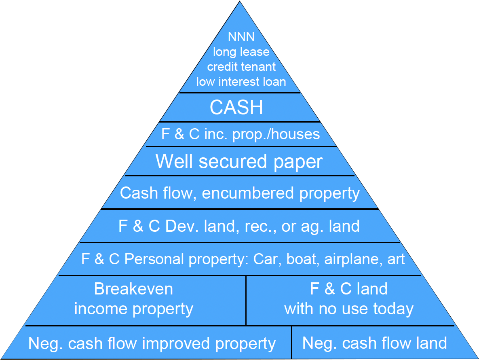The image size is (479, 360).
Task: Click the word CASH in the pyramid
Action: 236,108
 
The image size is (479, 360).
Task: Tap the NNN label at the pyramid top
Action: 241,37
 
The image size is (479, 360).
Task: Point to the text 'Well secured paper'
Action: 239,162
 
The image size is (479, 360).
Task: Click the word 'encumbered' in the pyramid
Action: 248,193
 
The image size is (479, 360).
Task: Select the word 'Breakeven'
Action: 133,289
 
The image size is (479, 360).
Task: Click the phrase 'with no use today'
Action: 349,309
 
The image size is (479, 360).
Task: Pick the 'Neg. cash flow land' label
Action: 374,343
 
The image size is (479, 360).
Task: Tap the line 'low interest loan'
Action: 241,81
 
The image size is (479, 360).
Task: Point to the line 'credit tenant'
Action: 241,66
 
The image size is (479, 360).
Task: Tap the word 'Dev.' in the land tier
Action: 179,226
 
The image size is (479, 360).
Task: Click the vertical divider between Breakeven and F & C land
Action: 246,301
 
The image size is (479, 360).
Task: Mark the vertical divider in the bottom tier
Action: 291,343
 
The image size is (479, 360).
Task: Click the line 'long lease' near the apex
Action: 241,52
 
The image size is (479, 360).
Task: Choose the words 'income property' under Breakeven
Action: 133,309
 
